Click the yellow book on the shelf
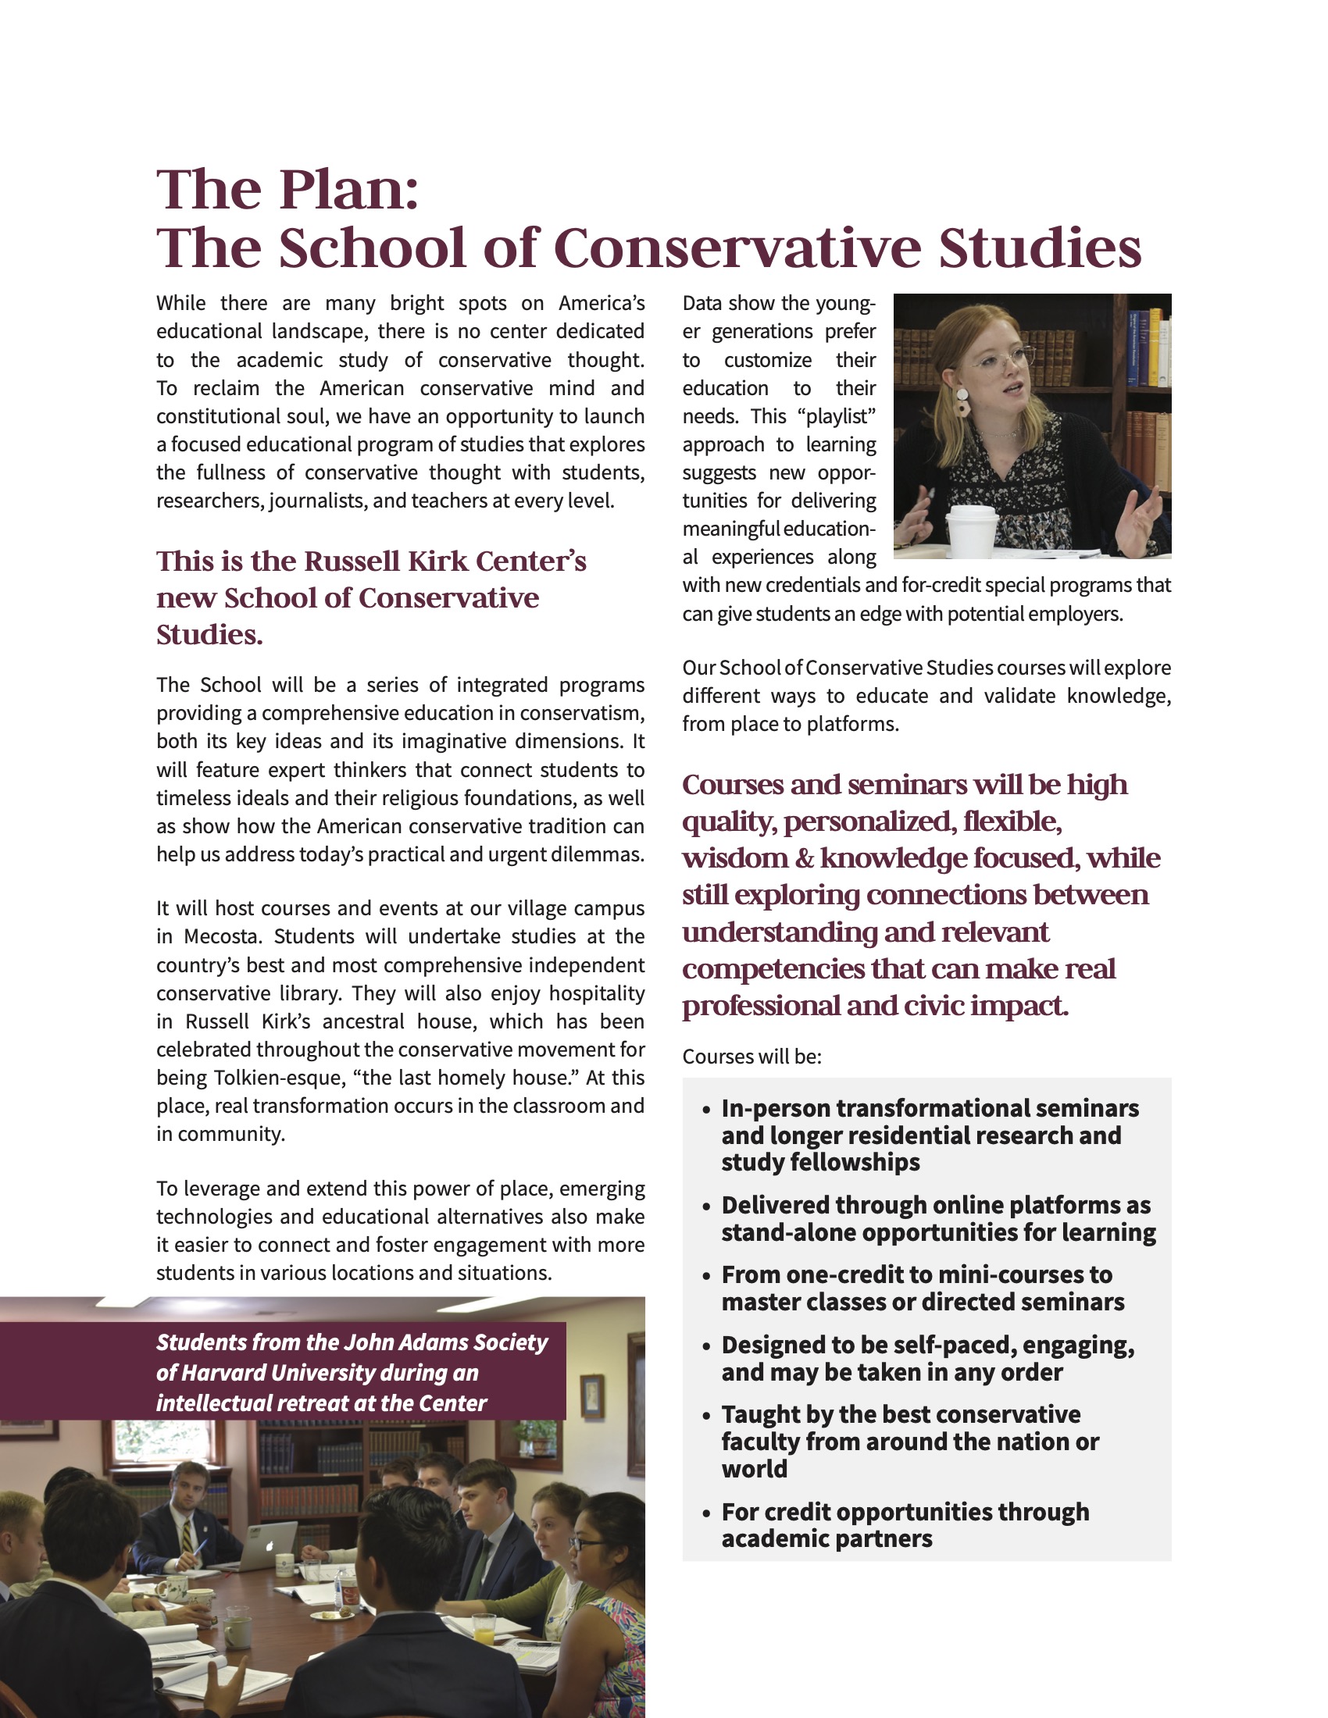click(x=1155, y=346)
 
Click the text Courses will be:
click(x=751, y=1057)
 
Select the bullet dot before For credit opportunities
click(x=706, y=1513)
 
